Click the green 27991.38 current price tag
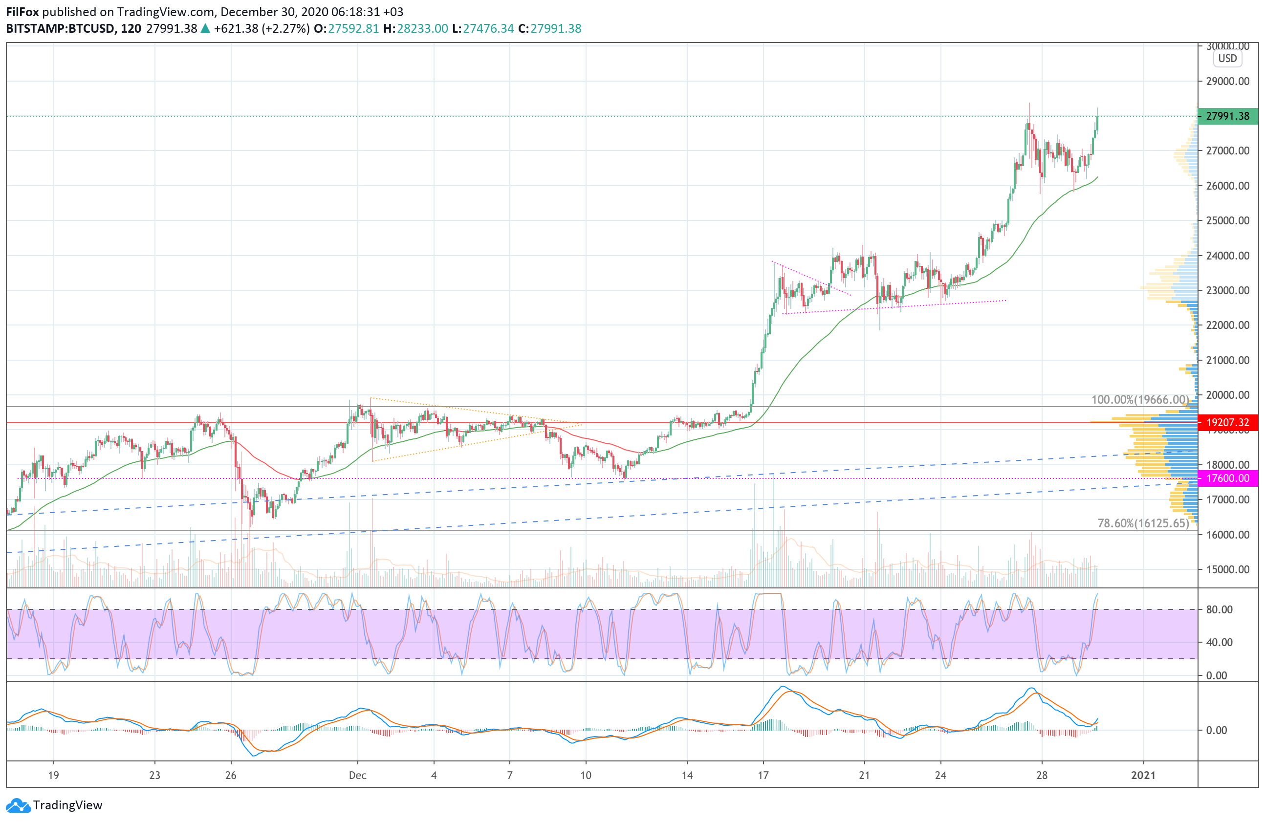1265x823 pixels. click(x=1228, y=116)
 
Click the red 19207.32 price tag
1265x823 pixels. click(x=1228, y=422)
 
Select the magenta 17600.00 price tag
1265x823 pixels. click(x=1228, y=478)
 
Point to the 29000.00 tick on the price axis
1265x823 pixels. click(x=1228, y=81)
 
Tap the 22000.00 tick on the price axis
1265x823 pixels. click(x=1228, y=325)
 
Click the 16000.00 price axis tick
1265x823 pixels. click(x=1228, y=535)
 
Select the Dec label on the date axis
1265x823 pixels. click(x=358, y=775)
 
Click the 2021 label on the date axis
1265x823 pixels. click(x=1143, y=775)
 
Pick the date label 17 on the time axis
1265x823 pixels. click(x=763, y=775)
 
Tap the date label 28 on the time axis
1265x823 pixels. click(x=1042, y=775)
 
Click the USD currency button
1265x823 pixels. click(x=1227, y=59)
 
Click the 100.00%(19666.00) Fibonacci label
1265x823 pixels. click(x=1140, y=400)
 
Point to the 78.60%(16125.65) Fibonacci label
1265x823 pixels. click(x=1143, y=523)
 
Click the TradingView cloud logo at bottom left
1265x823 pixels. click(x=19, y=805)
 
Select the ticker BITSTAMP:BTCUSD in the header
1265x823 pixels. click(x=60, y=29)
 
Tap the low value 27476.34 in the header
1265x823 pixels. click(x=488, y=29)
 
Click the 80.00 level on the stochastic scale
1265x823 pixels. click(x=1219, y=609)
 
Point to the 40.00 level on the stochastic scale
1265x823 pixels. click(x=1219, y=642)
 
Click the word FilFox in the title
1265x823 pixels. click(x=22, y=12)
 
